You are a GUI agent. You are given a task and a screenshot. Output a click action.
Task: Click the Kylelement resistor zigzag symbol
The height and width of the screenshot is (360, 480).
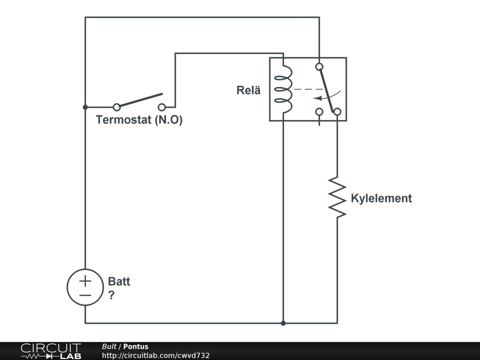coord(337,197)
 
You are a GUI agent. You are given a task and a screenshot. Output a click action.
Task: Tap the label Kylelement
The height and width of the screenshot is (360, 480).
coord(381,198)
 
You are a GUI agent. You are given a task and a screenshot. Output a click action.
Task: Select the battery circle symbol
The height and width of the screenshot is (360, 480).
coord(85,288)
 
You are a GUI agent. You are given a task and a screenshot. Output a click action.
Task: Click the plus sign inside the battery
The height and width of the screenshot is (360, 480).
coord(85,281)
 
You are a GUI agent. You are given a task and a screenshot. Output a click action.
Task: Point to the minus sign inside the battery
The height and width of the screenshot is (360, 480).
coord(85,295)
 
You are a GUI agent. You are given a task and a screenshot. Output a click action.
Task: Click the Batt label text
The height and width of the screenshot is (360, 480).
coord(119,282)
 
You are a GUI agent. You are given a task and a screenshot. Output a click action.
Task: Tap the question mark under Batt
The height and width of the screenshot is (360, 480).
coord(112,296)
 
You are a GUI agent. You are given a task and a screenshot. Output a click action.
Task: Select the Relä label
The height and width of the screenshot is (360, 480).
coord(248,90)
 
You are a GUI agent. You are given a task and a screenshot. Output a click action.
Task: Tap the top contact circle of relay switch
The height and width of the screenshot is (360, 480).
coord(319,67)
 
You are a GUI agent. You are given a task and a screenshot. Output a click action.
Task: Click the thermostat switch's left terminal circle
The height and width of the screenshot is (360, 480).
coord(117,107)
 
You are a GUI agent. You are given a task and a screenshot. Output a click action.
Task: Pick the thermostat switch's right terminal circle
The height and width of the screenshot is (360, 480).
coord(162,107)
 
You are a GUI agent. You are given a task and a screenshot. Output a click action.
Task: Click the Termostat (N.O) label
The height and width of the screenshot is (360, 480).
coord(139,120)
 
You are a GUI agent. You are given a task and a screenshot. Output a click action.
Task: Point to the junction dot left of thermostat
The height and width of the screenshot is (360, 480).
coord(85,107)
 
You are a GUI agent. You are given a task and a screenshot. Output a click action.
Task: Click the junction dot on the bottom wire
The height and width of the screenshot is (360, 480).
coord(283,323)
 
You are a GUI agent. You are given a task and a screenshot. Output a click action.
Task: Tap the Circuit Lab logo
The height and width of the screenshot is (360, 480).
coord(51,351)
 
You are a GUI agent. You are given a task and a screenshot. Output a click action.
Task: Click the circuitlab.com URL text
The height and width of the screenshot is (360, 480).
coord(156,355)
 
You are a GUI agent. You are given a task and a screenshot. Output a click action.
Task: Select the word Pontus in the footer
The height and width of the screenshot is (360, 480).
coord(135,347)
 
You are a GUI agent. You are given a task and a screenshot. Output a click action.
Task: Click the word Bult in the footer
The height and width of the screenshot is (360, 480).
coord(109,347)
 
